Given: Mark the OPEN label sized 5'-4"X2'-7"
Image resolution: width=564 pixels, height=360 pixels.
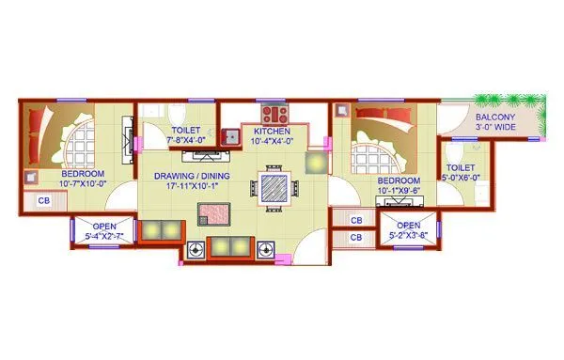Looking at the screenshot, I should (104, 227).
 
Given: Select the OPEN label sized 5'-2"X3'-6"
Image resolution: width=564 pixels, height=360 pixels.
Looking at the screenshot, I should (407, 226).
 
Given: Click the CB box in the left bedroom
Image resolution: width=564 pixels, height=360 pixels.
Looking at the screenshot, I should (43, 200).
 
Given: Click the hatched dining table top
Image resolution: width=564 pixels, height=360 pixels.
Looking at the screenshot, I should (274, 184).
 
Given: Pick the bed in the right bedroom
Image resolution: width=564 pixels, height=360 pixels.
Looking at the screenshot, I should (376, 141).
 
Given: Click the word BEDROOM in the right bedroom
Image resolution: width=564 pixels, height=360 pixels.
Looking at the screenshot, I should (398, 180).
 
